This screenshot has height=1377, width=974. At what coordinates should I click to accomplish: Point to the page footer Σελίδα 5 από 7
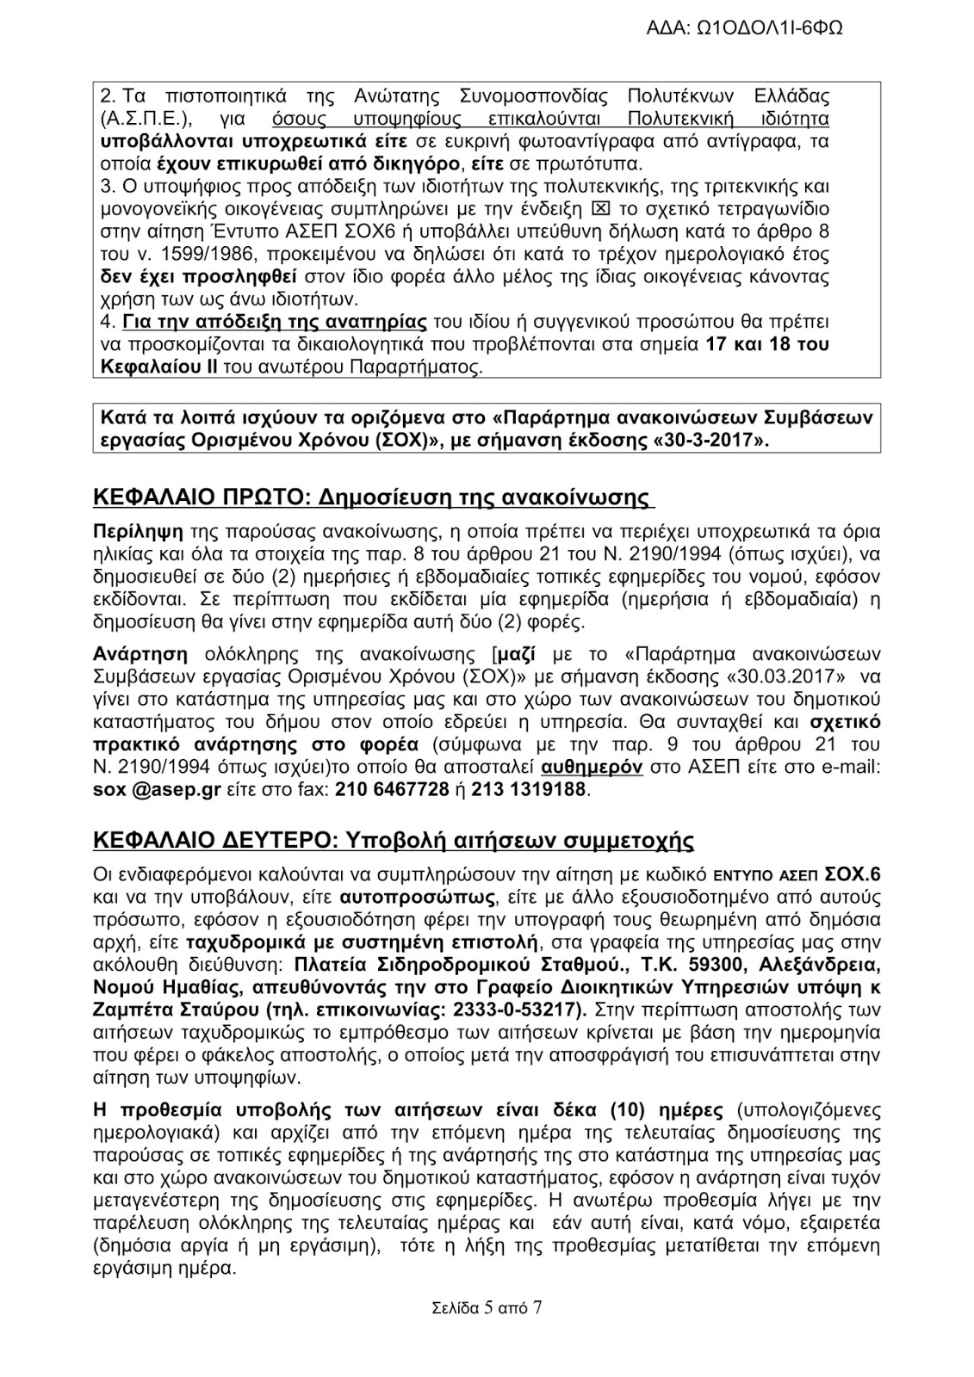(x=487, y=1310)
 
